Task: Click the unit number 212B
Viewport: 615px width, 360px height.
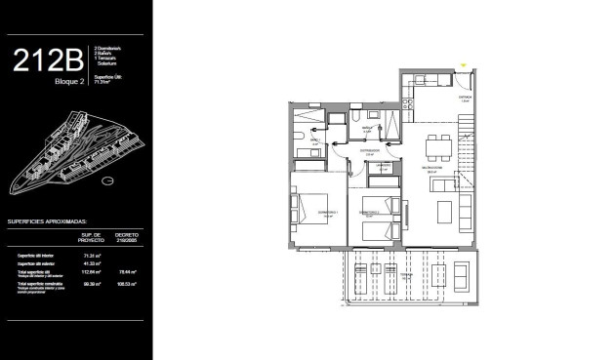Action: point(49,61)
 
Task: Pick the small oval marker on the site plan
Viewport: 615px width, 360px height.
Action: point(107,180)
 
